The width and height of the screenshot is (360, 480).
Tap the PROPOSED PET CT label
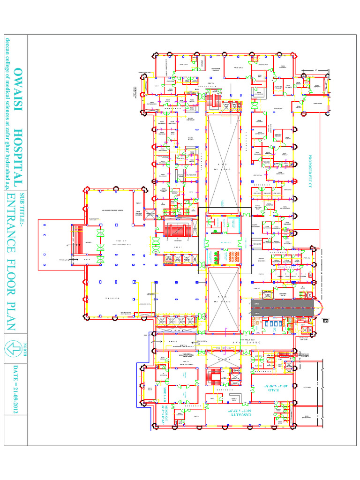(x=310, y=171)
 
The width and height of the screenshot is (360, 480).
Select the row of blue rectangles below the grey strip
(x=272, y=323)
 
